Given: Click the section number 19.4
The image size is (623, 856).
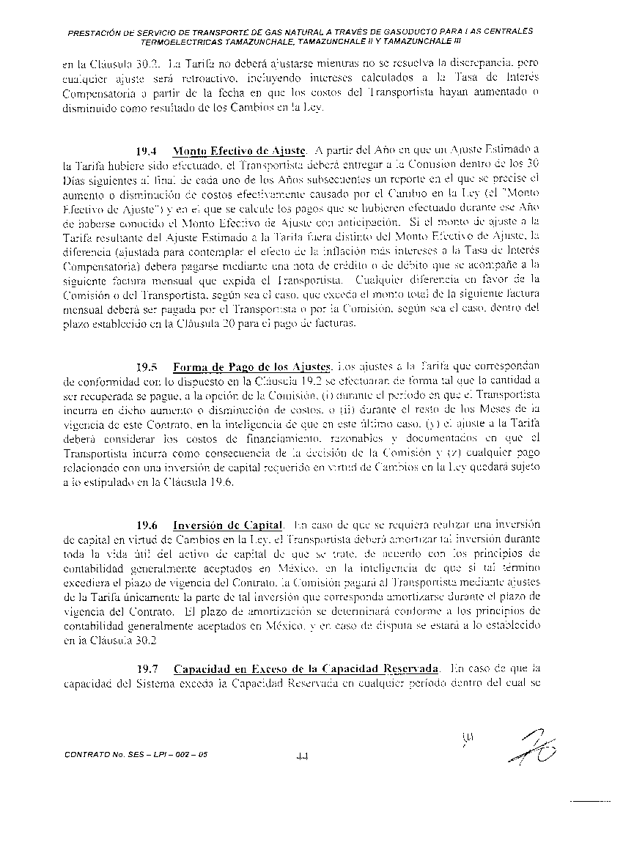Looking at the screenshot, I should (x=150, y=151).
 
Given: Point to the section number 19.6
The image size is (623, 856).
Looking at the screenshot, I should (x=150, y=525).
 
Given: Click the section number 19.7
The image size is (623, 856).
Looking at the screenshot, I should (x=150, y=669).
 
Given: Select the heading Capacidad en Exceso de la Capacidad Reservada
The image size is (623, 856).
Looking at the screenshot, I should (x=306, y=669).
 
